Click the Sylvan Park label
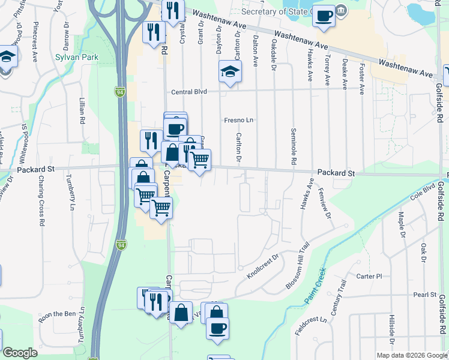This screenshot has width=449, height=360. tap(77, 58)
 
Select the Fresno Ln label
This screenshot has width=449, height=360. tap(240, 120)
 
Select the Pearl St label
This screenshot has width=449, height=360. tap(424, 295)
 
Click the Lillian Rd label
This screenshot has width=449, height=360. tap(81, 112)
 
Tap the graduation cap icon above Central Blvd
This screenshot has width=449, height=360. tap(230, 72)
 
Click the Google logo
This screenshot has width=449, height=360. tap(20, 352)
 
